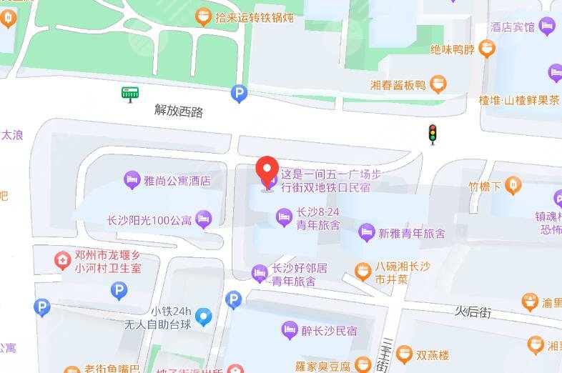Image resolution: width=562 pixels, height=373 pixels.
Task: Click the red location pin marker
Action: click(267, 171)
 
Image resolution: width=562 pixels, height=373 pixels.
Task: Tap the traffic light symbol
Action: click(432, 133)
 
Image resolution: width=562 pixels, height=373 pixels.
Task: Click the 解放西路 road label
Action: click(179, 111)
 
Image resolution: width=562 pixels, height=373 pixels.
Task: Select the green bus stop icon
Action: click(130, 94)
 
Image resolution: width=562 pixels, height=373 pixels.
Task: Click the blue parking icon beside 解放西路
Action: click(239, 93)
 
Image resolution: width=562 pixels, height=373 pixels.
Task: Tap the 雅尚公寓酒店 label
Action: click(177, 181)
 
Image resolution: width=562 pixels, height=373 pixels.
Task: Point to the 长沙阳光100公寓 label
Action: click(149, 220)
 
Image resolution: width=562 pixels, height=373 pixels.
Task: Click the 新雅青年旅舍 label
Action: click(411, 234)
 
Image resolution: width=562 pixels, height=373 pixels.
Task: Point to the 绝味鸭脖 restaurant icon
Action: click(487, 49)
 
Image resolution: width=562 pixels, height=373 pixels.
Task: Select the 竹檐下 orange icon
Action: click(513, 186)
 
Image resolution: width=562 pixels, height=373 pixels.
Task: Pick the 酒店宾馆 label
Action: click(513, 27)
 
